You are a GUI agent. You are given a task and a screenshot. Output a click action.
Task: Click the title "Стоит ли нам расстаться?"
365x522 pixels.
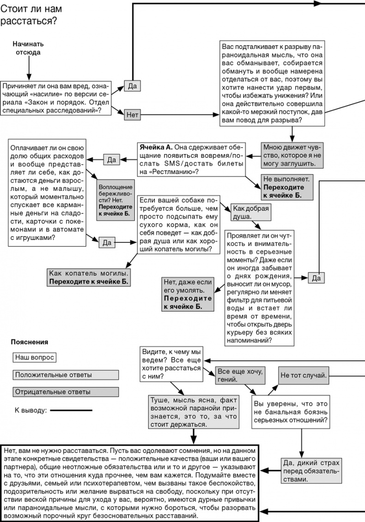(31, 15)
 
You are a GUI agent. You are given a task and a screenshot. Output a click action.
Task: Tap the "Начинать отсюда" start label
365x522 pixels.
(28, 48)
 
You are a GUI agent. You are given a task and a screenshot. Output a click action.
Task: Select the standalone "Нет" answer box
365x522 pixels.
(133, 115)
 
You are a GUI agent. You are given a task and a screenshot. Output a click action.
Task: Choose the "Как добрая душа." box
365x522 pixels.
(251, 212)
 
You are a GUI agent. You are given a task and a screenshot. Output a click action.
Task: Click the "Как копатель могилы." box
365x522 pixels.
(89, 277)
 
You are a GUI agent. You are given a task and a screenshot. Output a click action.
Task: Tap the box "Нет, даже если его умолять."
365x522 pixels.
(188, 294)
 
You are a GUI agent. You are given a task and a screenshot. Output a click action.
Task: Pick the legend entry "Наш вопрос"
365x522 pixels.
(35, 357)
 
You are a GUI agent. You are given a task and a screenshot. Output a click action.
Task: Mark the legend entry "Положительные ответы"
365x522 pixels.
(65, 375)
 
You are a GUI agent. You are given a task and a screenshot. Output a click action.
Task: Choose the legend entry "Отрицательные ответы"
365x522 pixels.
(65, 392)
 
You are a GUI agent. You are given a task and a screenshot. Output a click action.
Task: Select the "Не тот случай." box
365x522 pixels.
(303, 375)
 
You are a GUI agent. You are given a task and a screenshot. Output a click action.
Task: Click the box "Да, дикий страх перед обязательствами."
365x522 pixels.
(310, 471)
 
